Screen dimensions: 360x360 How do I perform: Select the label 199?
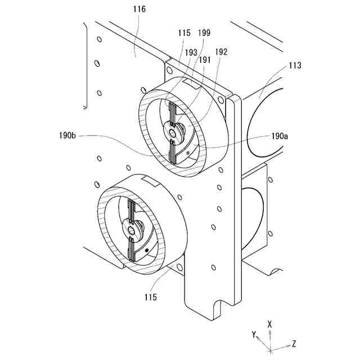205,33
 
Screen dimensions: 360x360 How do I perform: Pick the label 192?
221,51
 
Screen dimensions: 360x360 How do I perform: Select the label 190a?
280,136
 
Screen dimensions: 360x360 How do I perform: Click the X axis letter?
271,325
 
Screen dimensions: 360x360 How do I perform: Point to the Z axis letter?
294,343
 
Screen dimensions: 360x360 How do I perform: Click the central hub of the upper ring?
171,130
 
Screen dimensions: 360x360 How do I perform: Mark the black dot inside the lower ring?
147,249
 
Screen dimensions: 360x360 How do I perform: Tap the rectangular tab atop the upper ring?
192,83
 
